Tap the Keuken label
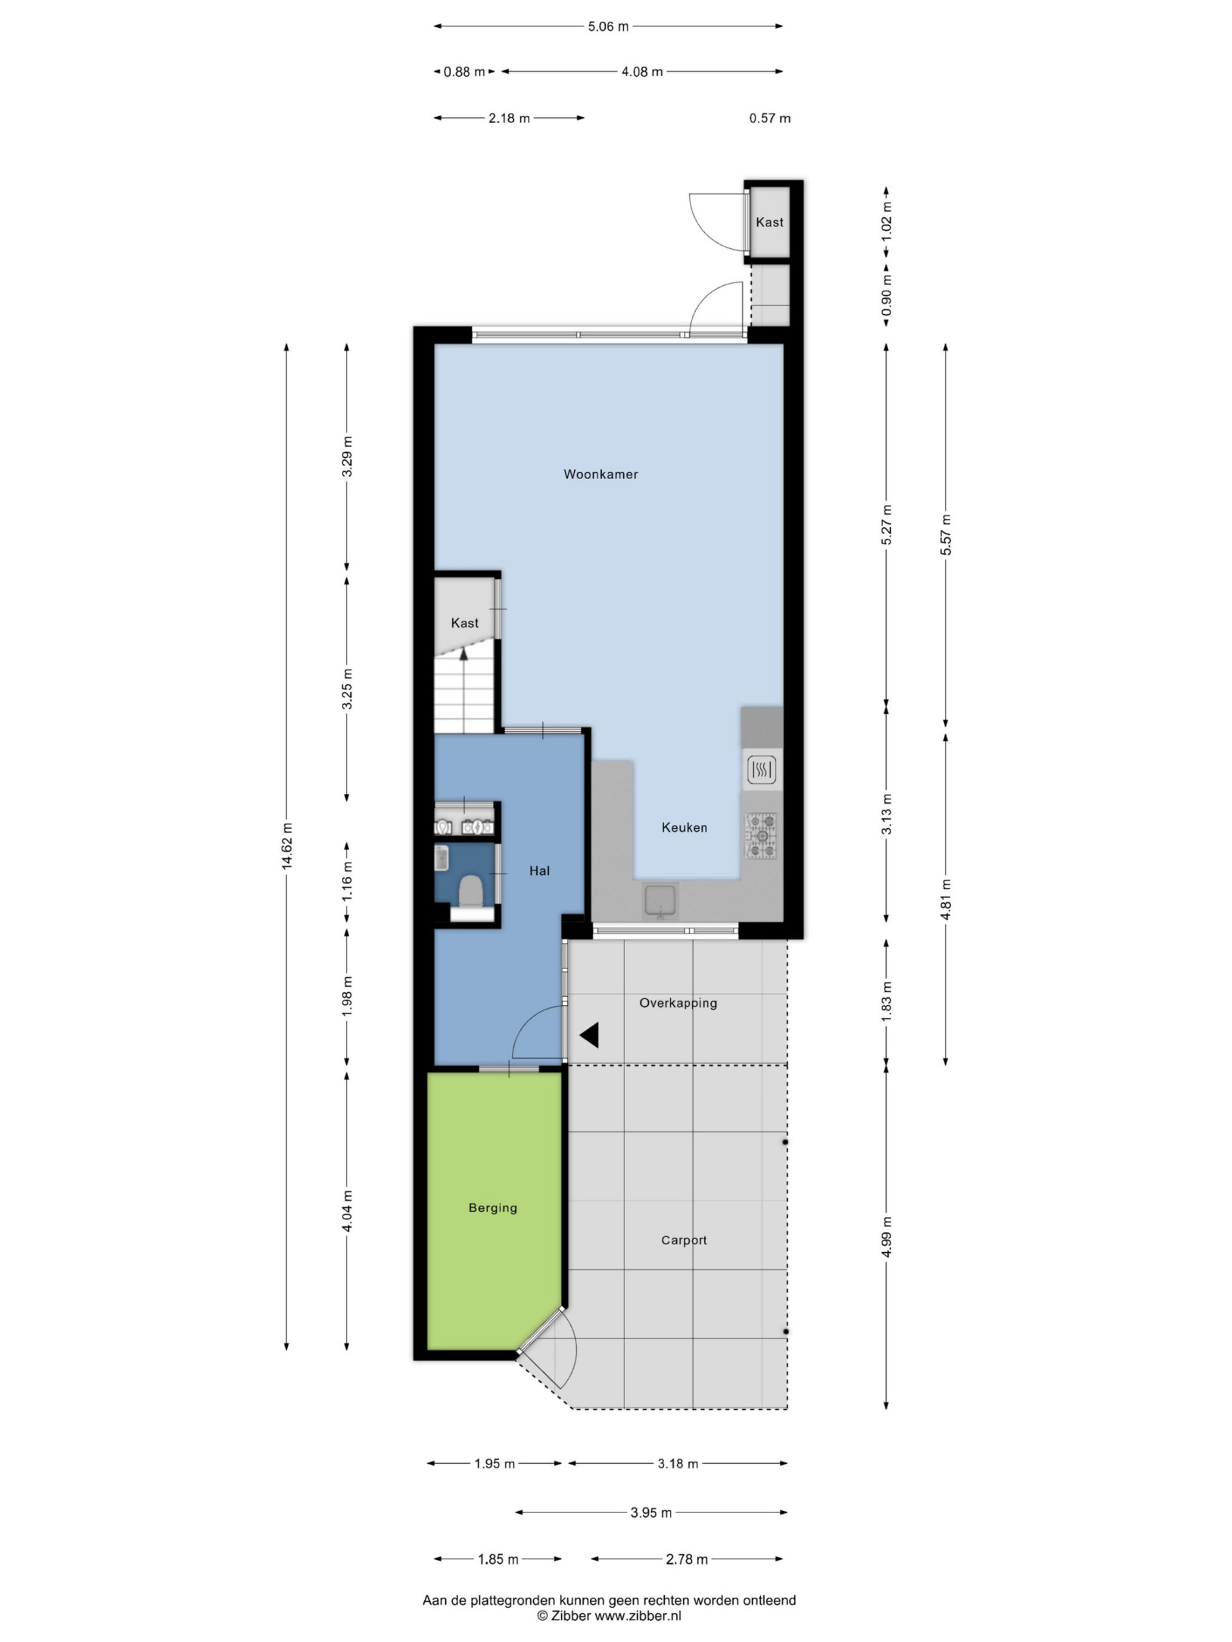coord(684,827)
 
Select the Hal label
coord(539,871)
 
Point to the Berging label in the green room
coord(492,1208)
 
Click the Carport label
coord(683,1240)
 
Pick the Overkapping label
coord(678,1003)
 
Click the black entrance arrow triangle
coord(590,1035)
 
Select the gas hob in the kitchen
coord(761,836)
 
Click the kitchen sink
coord(660,901)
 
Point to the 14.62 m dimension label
coord(287,845)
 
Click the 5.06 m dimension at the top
coord(608,27)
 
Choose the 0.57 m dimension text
coord(769,118)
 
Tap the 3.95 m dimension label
coord(651,1512)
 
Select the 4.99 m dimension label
coord(887,1237)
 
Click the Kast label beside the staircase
coord(465,623)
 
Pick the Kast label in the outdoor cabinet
coord(769,222)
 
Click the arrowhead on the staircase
coord(464,653)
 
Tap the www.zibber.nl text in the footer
coord(638,1615)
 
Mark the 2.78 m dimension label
coord(686,1559)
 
